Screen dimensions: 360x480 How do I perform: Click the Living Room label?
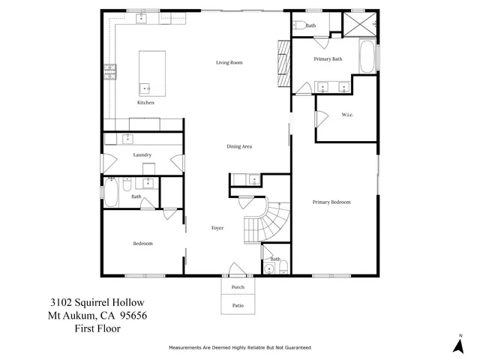click(229, 62)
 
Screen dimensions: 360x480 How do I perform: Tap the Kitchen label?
click(145, 103)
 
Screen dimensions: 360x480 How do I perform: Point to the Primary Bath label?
click(328, 58)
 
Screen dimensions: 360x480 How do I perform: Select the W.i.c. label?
click(347, 115)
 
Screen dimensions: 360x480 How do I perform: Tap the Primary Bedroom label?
click(331, 202)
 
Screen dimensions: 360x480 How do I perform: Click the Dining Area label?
click(238, 146)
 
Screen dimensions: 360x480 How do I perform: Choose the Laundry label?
click(142, 154)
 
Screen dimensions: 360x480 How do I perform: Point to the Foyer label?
click(217, 226)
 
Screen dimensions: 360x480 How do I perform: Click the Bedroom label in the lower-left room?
click(142, 243)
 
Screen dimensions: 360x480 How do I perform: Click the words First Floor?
click(97, 328)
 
